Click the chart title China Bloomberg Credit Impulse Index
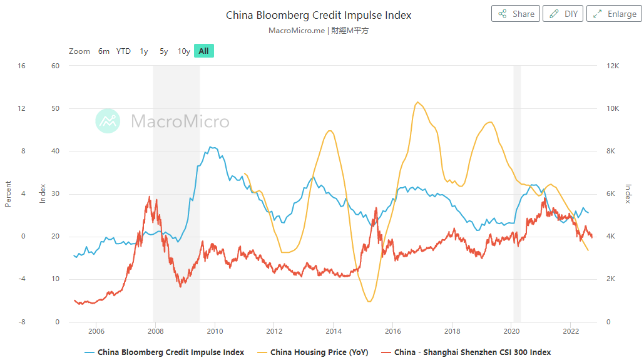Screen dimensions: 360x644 319,15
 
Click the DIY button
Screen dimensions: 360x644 563,14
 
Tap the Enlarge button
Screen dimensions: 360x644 614,14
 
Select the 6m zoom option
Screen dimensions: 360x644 104,51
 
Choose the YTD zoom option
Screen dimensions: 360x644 123,51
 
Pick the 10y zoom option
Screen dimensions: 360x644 183,51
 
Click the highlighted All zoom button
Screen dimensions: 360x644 204,51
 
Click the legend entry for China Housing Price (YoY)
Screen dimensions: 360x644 319,352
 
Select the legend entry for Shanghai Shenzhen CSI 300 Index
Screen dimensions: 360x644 473,352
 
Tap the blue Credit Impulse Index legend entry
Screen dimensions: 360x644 170,352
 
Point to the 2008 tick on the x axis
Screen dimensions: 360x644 155,331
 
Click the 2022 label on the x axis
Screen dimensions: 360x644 570,331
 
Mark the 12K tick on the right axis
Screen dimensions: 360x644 613,66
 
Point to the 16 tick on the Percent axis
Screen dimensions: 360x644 21,66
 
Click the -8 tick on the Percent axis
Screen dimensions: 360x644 21,322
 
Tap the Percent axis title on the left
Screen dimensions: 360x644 8,193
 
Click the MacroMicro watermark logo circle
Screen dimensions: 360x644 108,121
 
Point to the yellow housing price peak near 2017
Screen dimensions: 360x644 417,102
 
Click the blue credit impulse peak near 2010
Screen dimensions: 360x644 212,148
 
